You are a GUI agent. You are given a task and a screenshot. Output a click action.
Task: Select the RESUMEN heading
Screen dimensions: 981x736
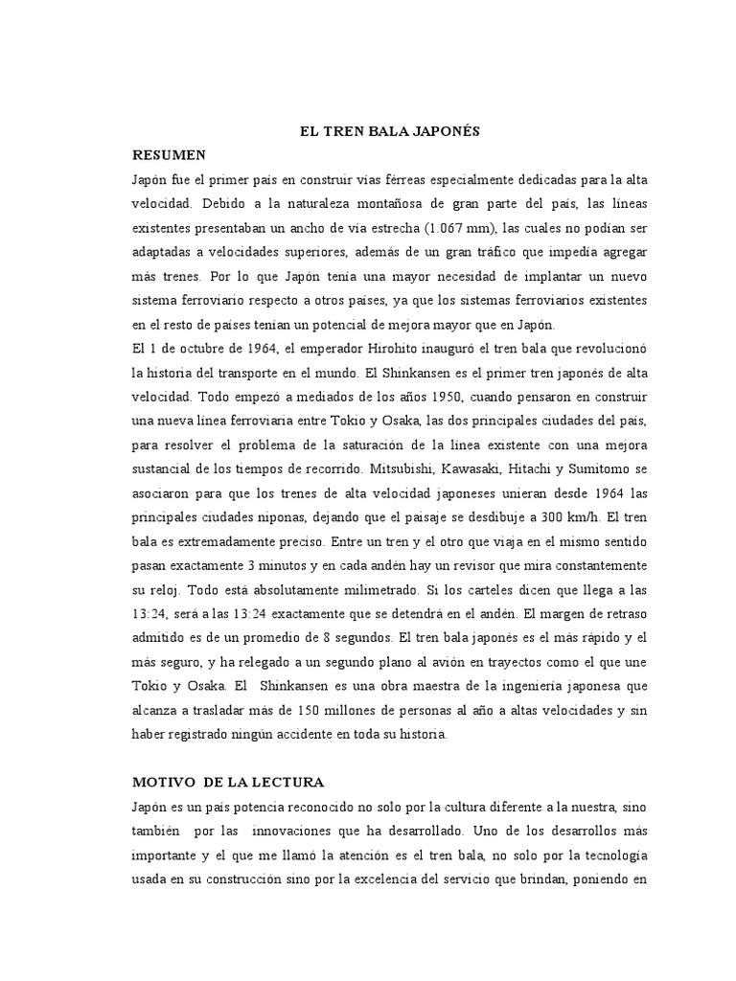[x=169, y=153]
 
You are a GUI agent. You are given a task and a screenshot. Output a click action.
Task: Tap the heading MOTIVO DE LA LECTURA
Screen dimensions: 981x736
[x=228, y=783]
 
